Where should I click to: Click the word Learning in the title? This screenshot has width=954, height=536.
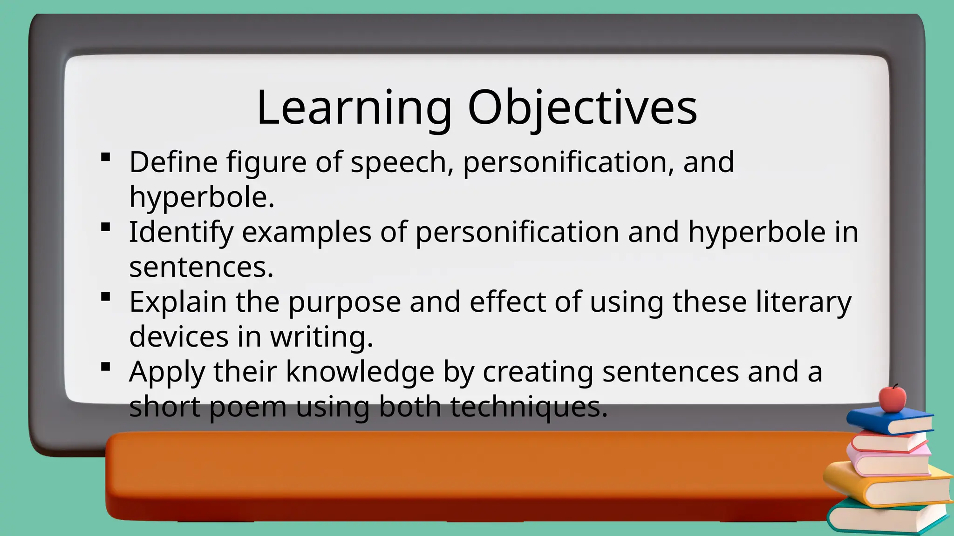pos(354,108)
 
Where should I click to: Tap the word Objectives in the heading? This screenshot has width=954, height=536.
pos(582,108)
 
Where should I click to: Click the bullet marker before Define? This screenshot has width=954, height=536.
pos(106,157)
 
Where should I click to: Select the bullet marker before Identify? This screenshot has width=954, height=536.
pos(106,227)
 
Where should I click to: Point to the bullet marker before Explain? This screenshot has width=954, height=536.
pos(106,297)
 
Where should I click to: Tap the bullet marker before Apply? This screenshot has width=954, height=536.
pos(106,367)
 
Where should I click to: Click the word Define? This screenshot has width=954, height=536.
pos(173,162)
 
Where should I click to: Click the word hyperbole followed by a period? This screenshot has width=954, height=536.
pos(201,197)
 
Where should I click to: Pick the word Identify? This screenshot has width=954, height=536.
pos(181,233)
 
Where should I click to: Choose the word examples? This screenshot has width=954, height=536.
pos(306,233)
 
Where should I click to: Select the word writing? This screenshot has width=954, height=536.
pos(321,337)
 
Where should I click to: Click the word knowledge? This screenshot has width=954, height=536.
pos(360,372)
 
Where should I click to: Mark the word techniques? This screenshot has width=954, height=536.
pos(528,407)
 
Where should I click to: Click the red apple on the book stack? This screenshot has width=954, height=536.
pos(892,398)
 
